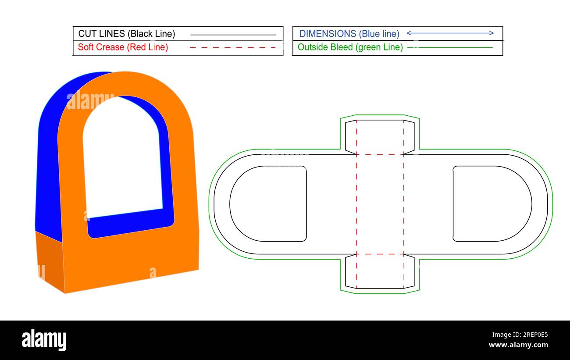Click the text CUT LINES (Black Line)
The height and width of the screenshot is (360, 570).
point(127,34)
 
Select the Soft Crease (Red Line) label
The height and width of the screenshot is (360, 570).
point(123,47)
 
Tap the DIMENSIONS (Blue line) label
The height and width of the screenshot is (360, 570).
point(349,34)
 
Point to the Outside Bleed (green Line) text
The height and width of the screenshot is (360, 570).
point(350,47)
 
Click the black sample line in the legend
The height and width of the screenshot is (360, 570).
point(233,35)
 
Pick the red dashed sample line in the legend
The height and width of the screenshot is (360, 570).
point(233,47)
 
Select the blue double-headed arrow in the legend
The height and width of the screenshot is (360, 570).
point(450,33)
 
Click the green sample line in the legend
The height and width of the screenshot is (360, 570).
point(450,47)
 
